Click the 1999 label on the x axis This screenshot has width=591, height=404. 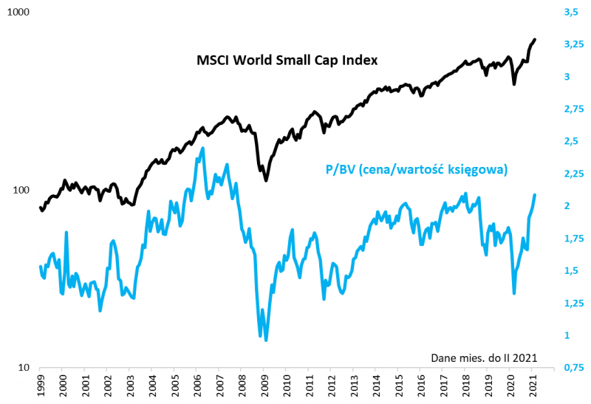[x=40, y=386]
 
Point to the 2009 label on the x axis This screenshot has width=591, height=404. [x=265, y=386]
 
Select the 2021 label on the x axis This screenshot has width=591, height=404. [x=534, y=386]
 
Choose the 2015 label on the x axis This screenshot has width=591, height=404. [x=400, y=386]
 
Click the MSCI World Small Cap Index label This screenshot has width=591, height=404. [x=287, y=61]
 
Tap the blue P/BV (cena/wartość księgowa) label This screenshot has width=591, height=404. [x=417, y=169]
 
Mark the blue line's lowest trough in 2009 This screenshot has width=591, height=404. [x=266, y=340]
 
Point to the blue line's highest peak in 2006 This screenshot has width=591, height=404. [x=203, y=148]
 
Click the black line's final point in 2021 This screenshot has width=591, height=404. [x=536, y=39]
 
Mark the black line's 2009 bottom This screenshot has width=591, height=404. [x=266, y=181]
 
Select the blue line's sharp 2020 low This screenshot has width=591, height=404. [x=514, y=293]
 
